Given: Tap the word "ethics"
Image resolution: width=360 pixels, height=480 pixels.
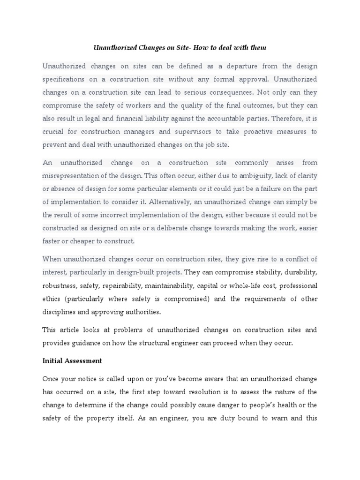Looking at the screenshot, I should (x=51, y=299).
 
